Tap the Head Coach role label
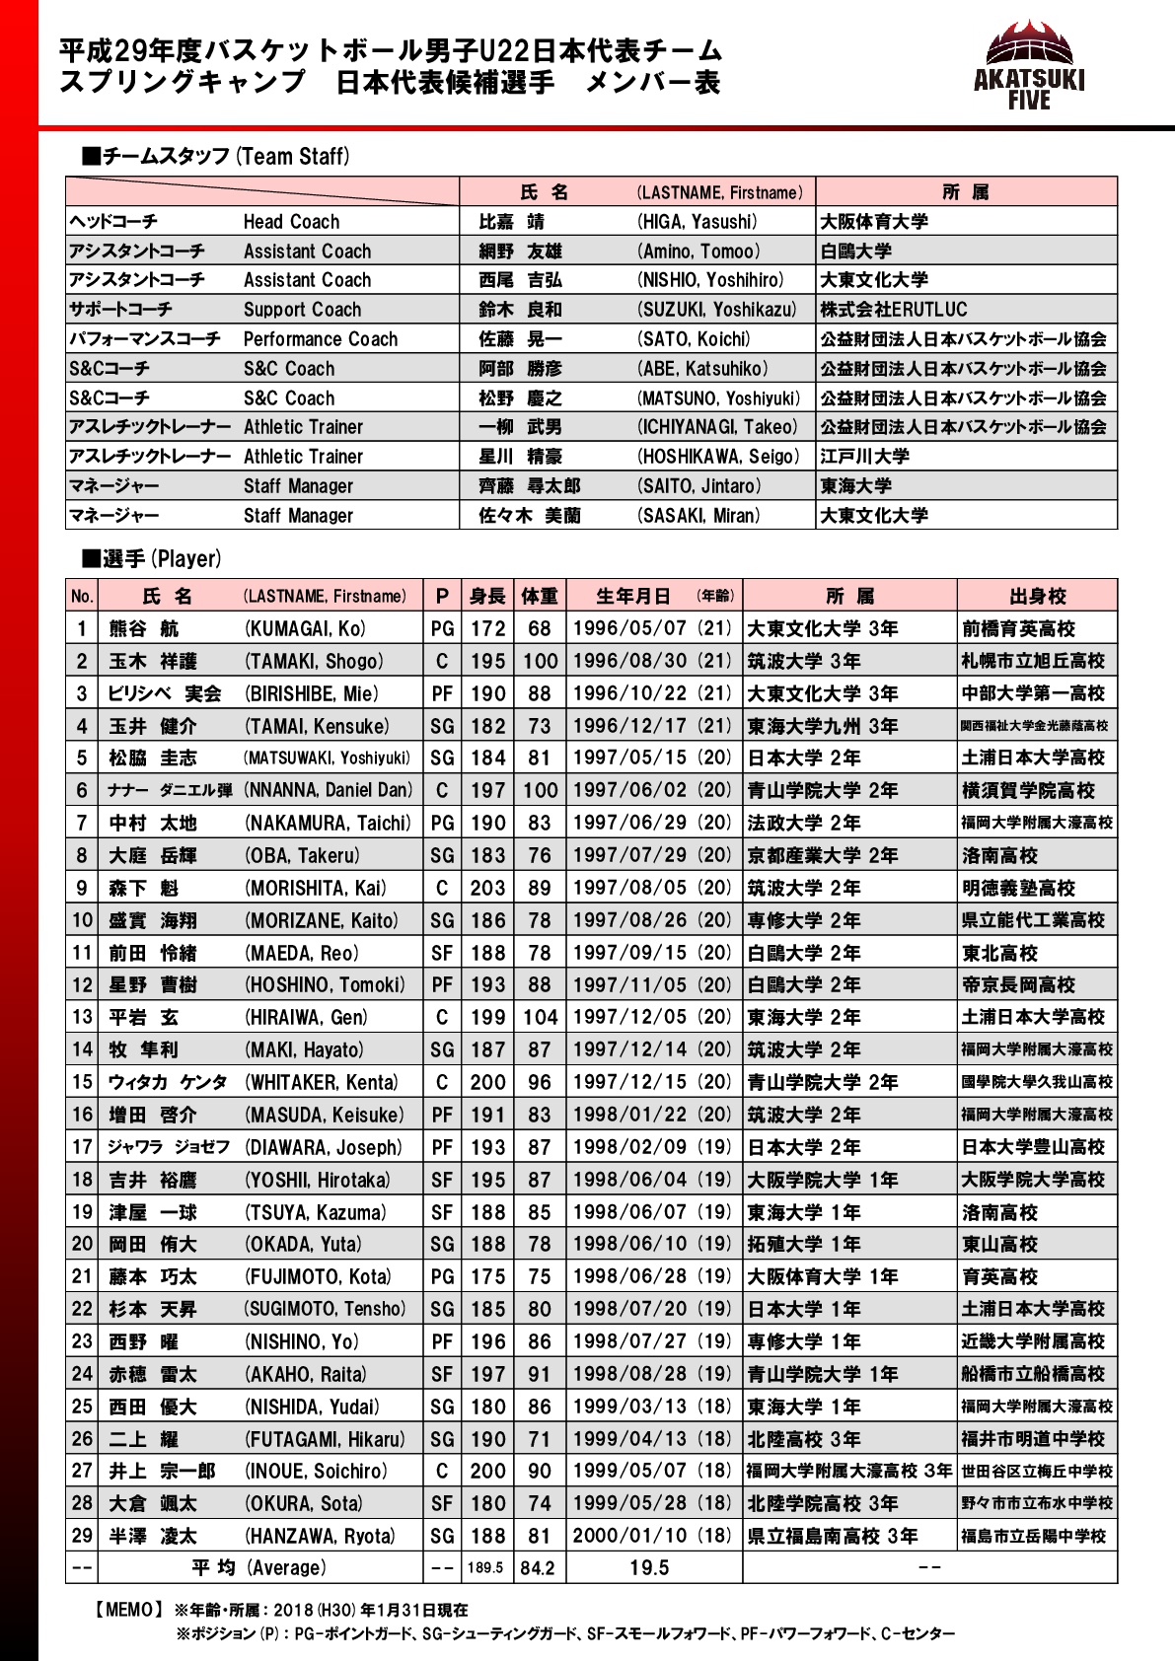pos(291,222)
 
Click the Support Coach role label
pos(302,310)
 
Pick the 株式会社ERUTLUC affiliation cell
pos(894,310)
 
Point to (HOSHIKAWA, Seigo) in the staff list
pos(718,457)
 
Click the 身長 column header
pos(487,596)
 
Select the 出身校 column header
pos(1037,596)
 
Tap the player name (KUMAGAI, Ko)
pos(305,629)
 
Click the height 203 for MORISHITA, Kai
pos(487,888)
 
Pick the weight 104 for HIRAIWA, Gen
pos(540,1017)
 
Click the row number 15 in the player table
pos(82,1082)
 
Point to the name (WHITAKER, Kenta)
pos(322,1082)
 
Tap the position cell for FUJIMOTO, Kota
pos(442,1276)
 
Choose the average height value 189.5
pos(485,1568)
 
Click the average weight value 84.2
pos(538,1568)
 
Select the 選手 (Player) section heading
pos(152,559)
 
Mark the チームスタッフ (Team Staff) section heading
pos(216,156)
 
